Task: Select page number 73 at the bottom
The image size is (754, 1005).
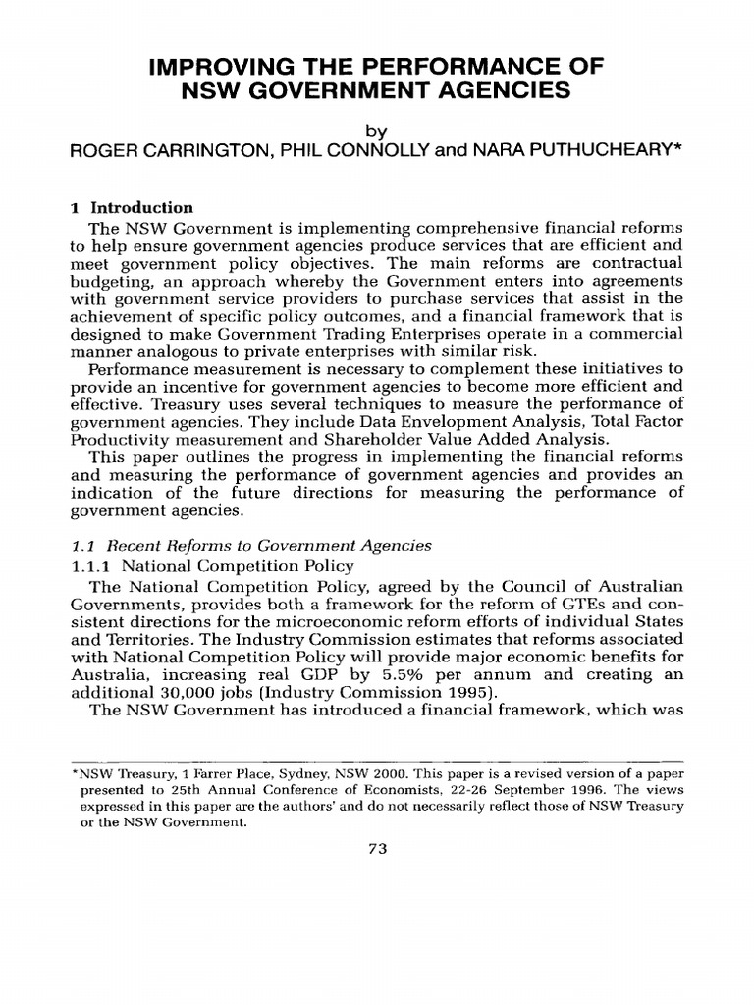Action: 378,850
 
